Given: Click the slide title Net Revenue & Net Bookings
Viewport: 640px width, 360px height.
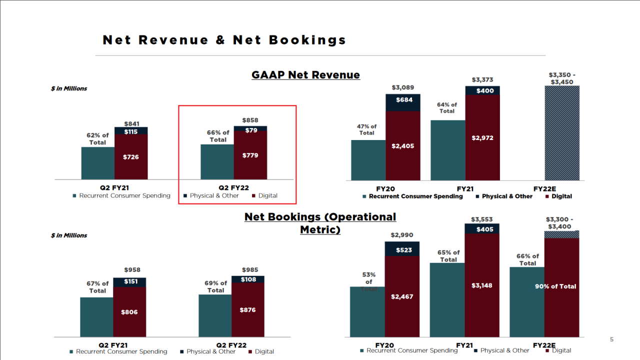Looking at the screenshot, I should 224,40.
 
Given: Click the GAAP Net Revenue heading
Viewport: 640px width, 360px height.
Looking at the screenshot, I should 305,75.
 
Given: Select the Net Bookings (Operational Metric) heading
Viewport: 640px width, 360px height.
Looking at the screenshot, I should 320,223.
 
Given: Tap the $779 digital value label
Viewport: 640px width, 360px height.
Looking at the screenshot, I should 250,155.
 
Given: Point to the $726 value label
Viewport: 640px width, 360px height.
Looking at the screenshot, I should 131,157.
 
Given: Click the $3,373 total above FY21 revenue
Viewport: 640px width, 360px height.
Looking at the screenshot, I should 482,80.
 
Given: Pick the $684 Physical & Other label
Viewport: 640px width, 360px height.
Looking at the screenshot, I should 404,100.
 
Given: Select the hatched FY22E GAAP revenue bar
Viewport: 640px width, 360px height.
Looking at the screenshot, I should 562,133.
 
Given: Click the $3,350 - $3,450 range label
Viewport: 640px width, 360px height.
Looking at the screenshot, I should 562,78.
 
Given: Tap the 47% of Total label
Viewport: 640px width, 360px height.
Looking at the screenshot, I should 367,129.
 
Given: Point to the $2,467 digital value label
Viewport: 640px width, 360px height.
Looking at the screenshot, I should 402,296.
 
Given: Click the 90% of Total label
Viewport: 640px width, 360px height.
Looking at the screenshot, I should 555,286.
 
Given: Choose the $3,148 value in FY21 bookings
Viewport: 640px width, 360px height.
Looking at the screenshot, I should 482,285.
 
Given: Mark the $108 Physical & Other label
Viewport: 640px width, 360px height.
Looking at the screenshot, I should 248,279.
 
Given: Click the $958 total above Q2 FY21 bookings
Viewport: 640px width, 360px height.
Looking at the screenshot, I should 132,270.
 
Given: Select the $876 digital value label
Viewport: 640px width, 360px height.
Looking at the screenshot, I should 247,310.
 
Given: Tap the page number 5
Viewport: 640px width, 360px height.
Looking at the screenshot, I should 611,339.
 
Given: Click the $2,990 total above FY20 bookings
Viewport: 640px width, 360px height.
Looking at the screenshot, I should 402,235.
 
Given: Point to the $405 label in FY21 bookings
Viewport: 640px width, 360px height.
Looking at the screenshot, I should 484,229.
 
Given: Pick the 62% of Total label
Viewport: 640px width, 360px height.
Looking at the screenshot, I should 97,138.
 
